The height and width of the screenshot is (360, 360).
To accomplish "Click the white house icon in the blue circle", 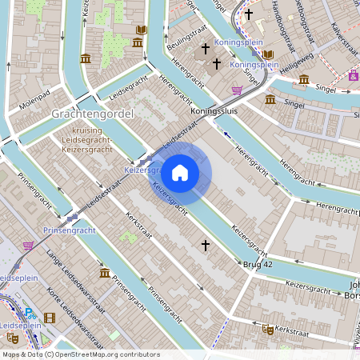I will coord(180,173).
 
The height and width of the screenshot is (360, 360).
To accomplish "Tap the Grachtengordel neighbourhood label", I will coord(92,114).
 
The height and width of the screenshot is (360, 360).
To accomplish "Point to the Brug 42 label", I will coord(258,263).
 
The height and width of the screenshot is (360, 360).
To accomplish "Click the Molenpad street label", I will coord(36,104).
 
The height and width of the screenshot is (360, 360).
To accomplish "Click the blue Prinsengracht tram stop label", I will coord(69,230).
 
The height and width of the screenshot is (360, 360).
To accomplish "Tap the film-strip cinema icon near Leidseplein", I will coord(51,318).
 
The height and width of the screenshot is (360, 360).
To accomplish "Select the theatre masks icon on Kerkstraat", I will coord(268,329).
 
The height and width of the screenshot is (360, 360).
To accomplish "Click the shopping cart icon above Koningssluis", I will coord(237,90).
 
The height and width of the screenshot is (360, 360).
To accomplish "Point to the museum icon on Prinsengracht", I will coord(105,274).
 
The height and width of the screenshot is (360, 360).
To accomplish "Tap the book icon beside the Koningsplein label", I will coord(267,55).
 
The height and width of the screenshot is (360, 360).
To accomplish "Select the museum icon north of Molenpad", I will coord(86,58).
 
